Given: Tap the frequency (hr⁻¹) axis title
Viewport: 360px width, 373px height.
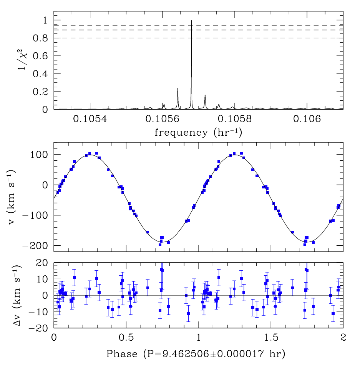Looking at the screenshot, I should coord(198,133).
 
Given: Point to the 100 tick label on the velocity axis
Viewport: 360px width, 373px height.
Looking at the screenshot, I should coord(40,155).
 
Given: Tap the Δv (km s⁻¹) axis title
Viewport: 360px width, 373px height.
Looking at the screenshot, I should coord(23,295).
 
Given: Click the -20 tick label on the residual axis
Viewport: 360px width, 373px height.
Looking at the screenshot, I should coord(40,328).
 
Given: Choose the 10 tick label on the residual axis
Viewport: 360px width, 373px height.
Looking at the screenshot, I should coord(43,279).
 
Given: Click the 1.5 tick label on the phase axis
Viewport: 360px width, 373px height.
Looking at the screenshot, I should coord(271,338).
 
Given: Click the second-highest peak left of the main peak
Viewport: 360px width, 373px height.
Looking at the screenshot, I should coord(178,89).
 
